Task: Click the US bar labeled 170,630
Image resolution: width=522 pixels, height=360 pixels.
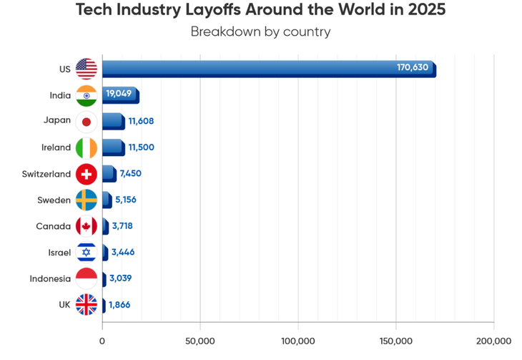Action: click(x=268, y=69)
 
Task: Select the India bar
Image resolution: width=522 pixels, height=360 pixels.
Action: click(x=119, y=95)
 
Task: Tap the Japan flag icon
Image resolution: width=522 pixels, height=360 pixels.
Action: click(x=87, y=122)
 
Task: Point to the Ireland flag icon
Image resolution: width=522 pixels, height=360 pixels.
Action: click(x=87, y=147)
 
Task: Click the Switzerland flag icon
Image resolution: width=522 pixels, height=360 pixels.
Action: click(x=87, y=174)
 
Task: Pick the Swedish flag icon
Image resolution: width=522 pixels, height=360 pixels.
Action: click(x=87, y=200)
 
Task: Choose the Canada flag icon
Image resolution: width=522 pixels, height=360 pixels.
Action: click(x=87, y=226)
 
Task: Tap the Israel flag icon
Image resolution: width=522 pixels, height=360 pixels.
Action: click(x=87, y=252)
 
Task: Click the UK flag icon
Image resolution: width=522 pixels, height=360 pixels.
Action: click(x=87, y=305)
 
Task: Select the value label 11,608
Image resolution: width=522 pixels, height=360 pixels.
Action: click(x=141, y=121)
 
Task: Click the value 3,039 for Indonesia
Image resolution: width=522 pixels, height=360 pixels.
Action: click(x=121, y=278)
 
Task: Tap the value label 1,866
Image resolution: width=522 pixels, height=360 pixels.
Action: click(x=119, y=305)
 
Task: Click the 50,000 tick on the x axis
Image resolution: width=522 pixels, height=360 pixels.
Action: click(x=200, y=341)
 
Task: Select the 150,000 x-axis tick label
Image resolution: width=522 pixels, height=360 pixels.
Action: click(x=395, y=341)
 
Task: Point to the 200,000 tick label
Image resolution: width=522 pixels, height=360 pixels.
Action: click(x=493, y=341)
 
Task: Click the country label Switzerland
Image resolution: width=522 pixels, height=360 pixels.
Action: click(x=46, y=174)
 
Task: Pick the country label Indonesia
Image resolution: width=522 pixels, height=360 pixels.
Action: click(x=50, y=278)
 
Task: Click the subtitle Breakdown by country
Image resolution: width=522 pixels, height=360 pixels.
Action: click(x=260, y=31)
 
